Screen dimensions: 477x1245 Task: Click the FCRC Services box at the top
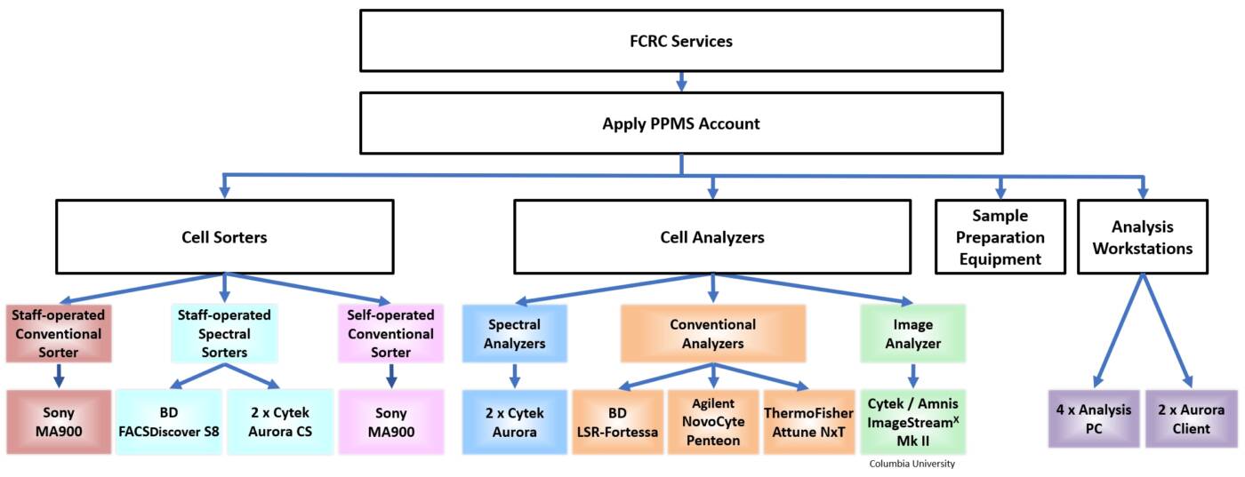[680, 41]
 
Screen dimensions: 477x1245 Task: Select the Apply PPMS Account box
[680, 123]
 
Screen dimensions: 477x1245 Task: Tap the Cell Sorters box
[224, 237]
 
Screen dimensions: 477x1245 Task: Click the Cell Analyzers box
[711, 237]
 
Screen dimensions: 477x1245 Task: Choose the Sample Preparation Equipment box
[1000, 237]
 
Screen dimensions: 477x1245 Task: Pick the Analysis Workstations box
[1143, 237]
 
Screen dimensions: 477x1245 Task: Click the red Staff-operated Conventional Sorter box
[58, 334]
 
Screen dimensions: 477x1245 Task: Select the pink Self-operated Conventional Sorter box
[390, 334]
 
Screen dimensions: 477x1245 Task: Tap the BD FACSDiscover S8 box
[168, 421]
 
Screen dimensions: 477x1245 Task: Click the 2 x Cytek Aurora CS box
[280, 421]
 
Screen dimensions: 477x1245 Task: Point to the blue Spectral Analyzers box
[514, 334]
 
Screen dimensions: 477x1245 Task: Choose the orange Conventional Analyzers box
[712, 334]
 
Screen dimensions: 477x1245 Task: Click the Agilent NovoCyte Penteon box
[712, 421]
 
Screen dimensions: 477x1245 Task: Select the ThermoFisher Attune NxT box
[808, 421]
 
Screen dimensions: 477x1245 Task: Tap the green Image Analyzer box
[912, 334]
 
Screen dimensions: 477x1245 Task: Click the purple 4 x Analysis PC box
[1093, 418]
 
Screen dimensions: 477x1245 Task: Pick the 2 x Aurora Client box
[1191, 418]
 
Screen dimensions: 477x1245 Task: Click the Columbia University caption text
[912, 464]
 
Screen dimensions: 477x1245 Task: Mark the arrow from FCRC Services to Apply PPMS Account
[681, 82]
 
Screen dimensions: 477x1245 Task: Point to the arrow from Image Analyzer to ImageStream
[912, 373]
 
